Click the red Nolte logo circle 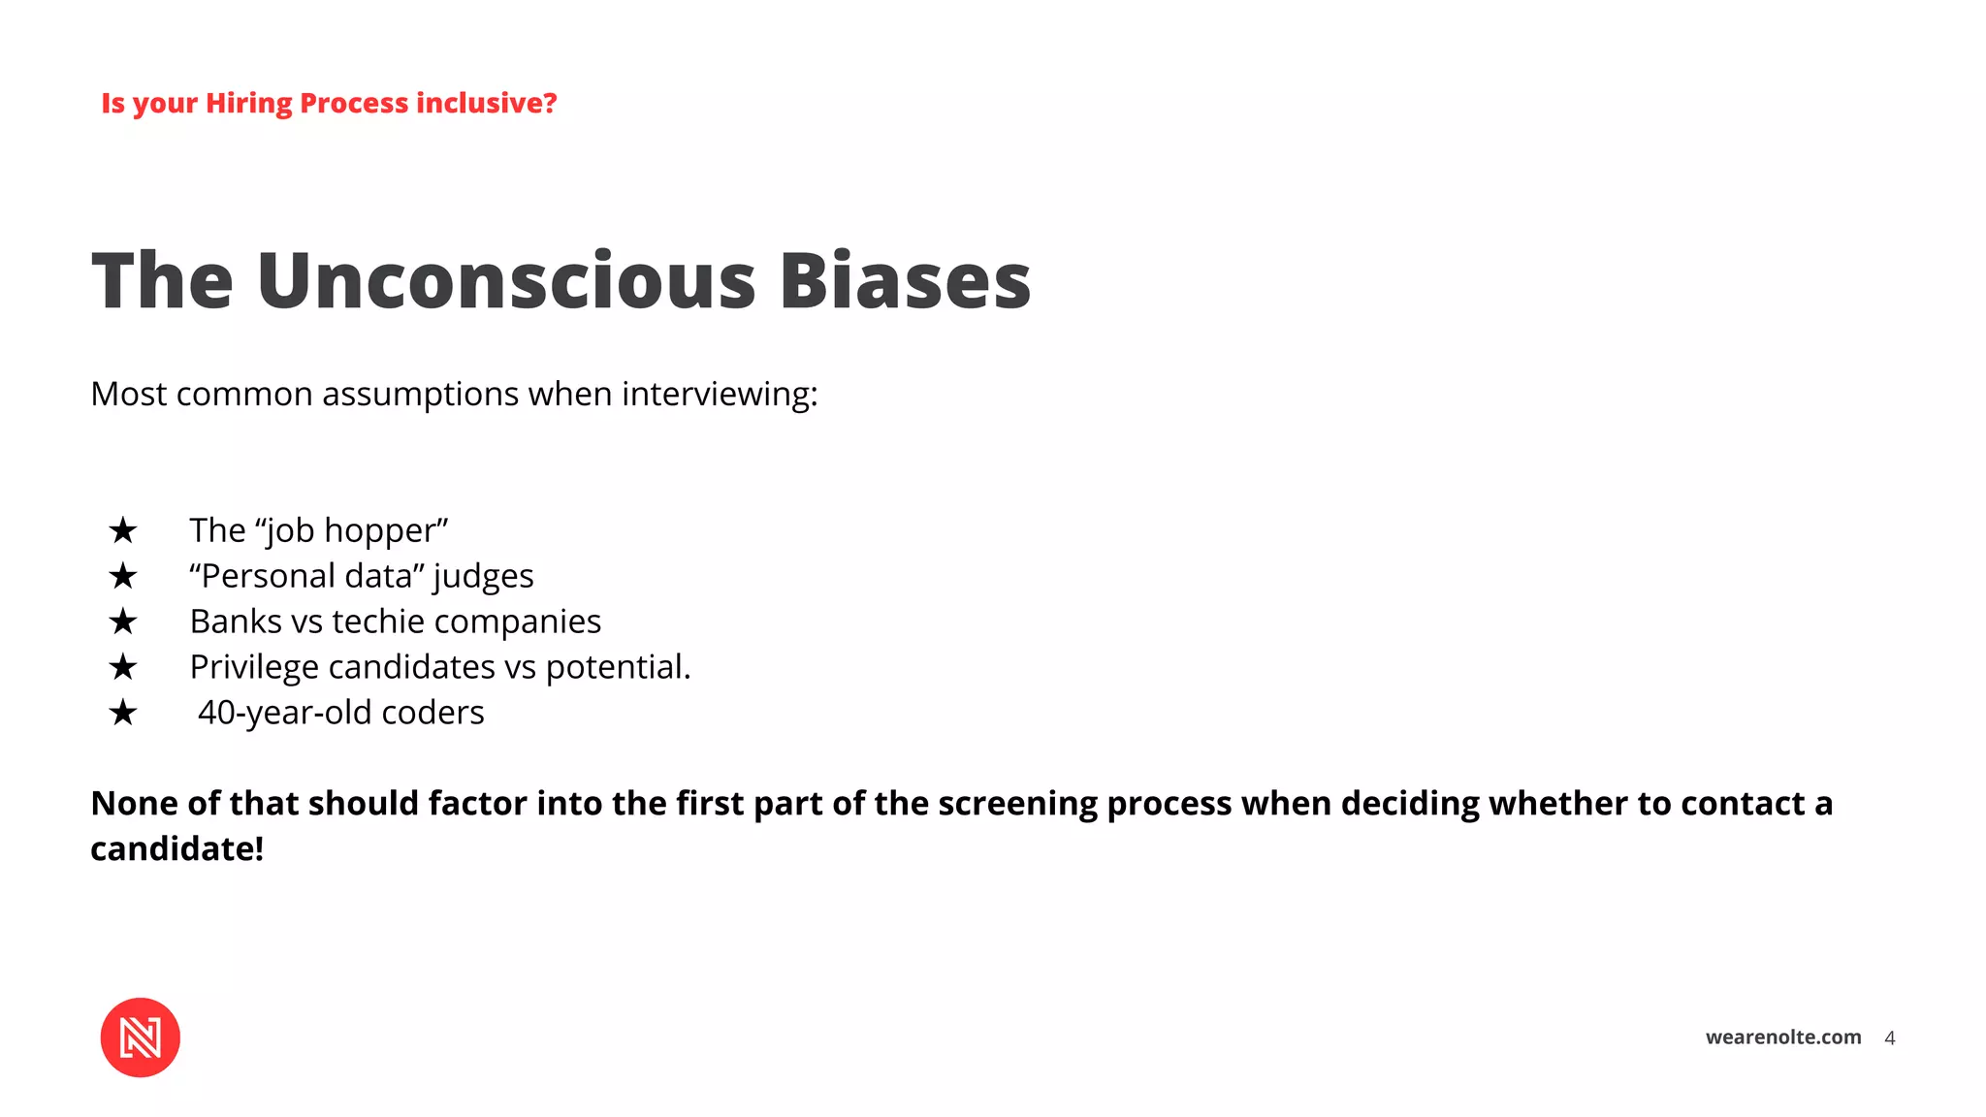pyautogui.click(x=140, y=1037)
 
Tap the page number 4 pyautogui.click(x=1889, y=1038)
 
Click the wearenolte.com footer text pyautogui.click(x=1782, y=1037)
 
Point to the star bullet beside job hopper pyautogui.click(x=123, y=530)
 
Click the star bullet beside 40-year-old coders pyautogui.click(x=123, y=713)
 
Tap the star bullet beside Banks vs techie pyautogui.click(x=123, y=622)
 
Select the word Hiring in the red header pyautogui.click(x=248, y=104)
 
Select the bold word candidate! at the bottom pyautogui.click(x=177, y=849)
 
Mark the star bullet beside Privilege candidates pyautogui.click(x=123, y=667)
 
